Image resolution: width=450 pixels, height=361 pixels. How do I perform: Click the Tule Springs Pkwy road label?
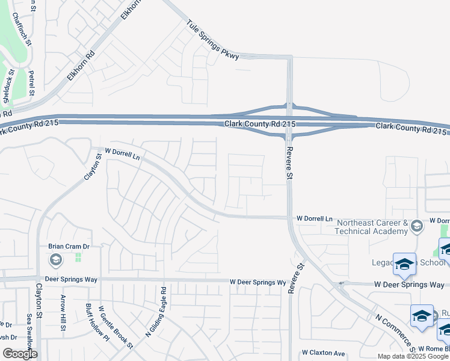[213, 41]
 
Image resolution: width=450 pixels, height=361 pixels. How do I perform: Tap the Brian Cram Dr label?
[69, 247]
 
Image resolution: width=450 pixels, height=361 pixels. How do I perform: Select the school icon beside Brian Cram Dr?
[55, 260]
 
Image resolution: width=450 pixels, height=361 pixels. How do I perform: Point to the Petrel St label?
[31, 82]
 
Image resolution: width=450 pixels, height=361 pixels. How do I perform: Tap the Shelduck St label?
[8, 87]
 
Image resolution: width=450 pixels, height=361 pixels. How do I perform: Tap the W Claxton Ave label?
[324, 353]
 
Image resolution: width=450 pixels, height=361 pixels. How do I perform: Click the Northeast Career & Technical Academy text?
[372, 227]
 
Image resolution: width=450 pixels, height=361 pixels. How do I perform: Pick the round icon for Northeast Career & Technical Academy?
[416, 227]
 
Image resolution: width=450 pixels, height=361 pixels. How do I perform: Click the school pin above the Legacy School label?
[404, 264]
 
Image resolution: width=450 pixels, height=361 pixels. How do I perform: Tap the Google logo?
[19, 354]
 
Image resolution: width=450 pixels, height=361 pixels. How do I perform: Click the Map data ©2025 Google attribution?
[413, 356]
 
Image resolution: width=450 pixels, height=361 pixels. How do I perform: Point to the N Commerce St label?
[394, 332]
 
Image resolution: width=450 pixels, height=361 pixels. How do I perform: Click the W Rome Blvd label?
[434, 349]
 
